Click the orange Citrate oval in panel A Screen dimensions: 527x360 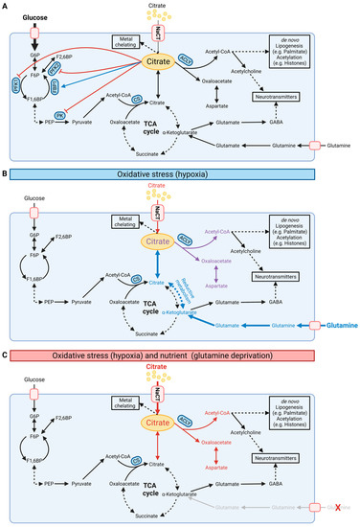(x=159, y=60)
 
